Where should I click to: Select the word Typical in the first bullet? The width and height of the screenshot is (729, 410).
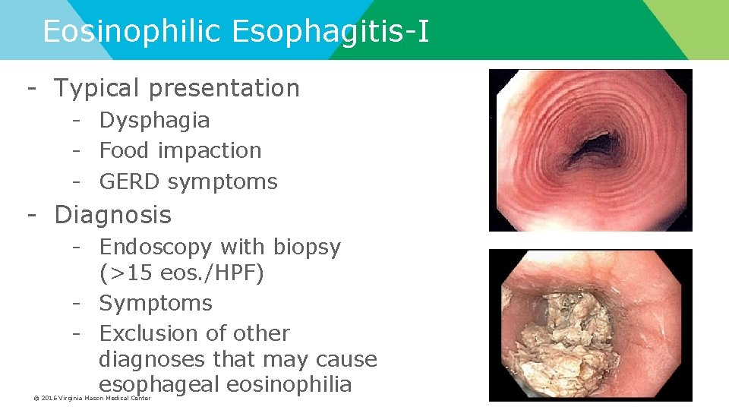click(97, 88)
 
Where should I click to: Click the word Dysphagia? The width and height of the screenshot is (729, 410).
click(154, 120)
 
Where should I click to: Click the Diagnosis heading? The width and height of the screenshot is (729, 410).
click(112, 215)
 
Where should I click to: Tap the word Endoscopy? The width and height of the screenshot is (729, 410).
click(156, 247)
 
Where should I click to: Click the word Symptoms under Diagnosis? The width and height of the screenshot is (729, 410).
click(156, 303)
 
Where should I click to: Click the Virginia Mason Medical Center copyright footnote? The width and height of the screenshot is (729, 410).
click(92, 398)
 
